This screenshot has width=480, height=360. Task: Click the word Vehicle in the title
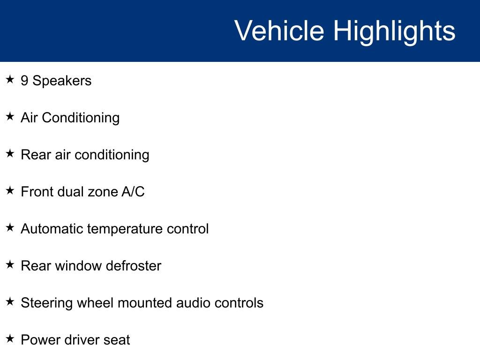click(279, 31)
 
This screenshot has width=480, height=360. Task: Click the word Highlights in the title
click(394, 32)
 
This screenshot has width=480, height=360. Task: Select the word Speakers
click(62, 81)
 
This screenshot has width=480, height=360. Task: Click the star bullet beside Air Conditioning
click(10, 117)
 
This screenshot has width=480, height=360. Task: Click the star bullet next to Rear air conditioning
click(10, 154)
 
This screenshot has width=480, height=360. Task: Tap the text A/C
click(133, 192)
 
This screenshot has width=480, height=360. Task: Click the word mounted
click(145, 303)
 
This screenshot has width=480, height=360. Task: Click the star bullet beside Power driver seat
click(10, 339)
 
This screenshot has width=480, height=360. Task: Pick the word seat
click(117, 340)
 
